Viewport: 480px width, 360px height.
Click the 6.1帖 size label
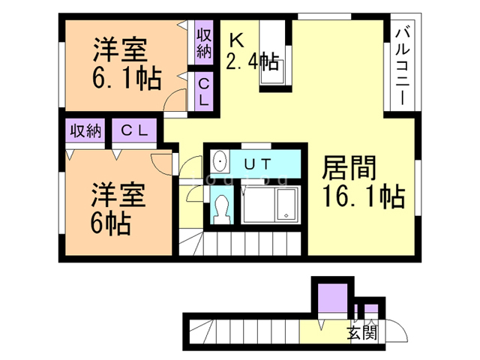pos(127,78)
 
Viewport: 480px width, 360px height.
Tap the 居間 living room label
pos(349,168)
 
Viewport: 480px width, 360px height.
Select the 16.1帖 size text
pos(364,196)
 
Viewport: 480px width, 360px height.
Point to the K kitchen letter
pos(237,40)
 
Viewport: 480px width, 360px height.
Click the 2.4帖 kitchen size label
pos(253,61)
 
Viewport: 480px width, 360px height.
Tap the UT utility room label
pos(258,164)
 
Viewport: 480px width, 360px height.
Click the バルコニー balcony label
pos(403,67)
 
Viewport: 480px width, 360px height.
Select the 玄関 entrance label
pos(362,332)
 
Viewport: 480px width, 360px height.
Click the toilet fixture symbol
pos(222,210)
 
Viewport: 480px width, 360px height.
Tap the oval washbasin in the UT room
pos(220,161)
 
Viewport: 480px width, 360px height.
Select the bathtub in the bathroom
pos(286,204)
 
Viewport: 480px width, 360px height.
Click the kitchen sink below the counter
pos(272,72)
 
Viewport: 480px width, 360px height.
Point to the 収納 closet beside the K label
pos(204,43)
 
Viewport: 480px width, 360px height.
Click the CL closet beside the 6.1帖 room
pos(204,91)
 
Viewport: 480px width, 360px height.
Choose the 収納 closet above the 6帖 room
pos(85,131)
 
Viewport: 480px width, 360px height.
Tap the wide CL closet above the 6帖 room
pos(134,131)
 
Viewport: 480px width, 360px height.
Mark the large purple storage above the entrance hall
pos(332,298)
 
